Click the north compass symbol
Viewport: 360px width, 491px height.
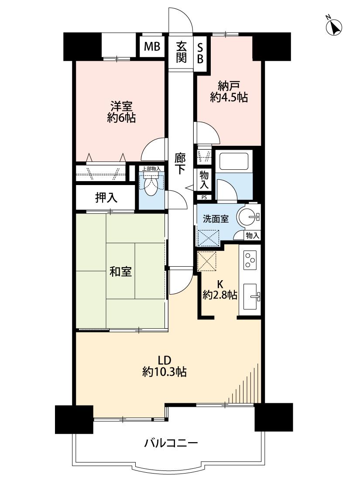point(334,26)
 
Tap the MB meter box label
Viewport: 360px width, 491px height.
point(152,47)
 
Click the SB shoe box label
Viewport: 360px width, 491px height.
point(200,52)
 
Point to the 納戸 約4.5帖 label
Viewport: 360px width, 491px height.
point(229,92)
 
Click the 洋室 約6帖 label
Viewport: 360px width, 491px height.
point(121,112)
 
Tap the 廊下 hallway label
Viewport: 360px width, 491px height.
point(181,163)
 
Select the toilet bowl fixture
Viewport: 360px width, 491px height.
point(151,185)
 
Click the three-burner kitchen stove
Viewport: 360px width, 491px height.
point(250,260)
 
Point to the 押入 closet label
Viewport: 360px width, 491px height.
point(106,197)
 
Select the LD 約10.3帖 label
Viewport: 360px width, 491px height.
point(165,366)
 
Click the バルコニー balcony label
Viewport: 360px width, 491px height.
point(171,443)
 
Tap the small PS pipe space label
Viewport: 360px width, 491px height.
point(204,198)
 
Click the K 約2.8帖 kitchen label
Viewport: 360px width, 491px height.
point(220,290)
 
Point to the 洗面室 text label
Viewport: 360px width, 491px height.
point(216,219)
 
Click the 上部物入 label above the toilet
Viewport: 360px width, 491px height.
point(151,168)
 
